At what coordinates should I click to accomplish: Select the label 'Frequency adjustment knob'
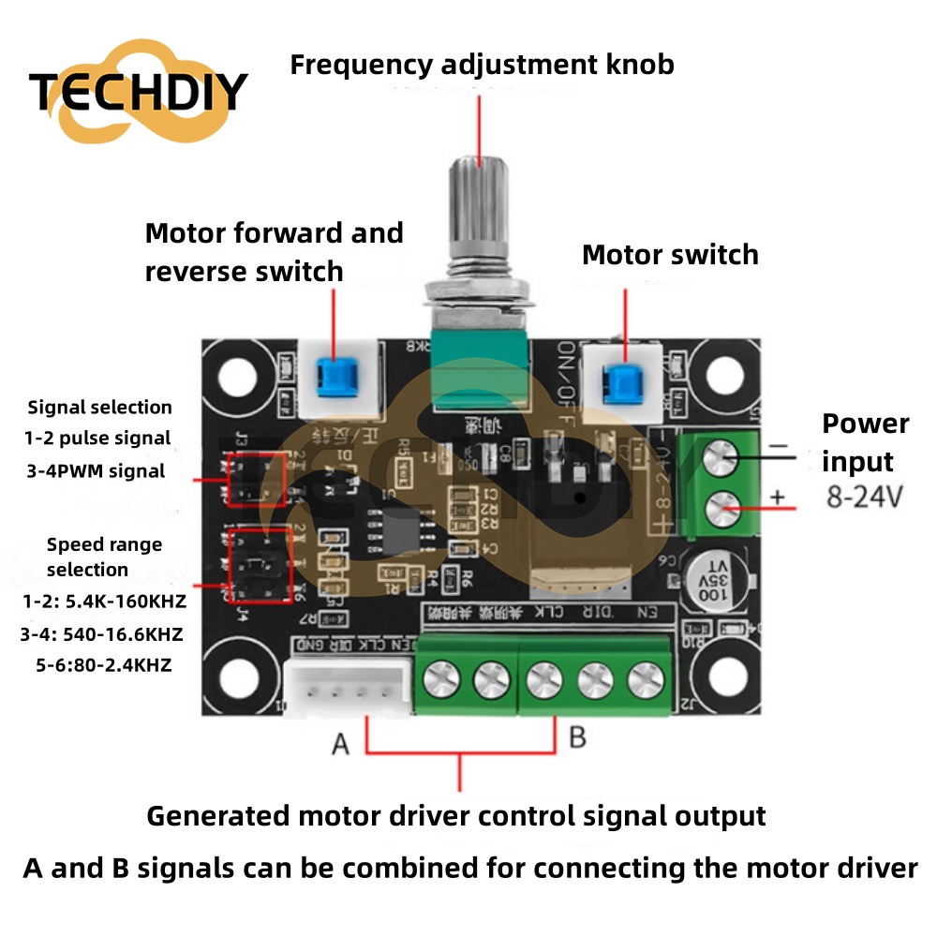482,65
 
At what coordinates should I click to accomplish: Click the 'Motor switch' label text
669,255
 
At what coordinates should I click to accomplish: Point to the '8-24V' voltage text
864,497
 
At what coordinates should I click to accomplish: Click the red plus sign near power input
777,498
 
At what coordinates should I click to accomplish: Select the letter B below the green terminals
577,737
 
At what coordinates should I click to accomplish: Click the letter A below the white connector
340,745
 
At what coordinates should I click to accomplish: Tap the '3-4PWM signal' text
97,470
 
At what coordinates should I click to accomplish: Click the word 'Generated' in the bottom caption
217,815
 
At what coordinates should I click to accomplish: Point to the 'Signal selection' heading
100,407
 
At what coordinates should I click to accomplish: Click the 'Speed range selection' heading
103,557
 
